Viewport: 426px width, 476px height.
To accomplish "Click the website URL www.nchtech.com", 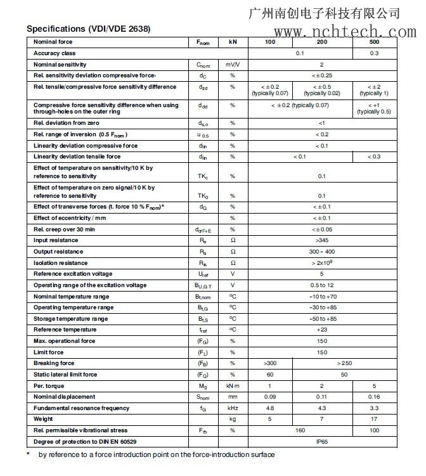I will pyautogui.click(x=337, y=31).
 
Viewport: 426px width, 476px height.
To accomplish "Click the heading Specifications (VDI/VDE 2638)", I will pyautogui.click(x=88, y=29).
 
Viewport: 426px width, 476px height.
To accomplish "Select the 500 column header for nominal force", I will pyautogui.click(x=375, y=42).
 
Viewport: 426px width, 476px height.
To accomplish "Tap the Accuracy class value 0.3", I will pyautogui.click(x=375, y=53).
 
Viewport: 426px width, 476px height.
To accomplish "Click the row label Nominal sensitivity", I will pyautogui.click(x=60, y=65).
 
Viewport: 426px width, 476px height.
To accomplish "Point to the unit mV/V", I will pyautogui.click(x=232, y=65).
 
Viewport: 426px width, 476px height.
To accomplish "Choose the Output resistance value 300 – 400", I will pyautogui.click(x=321, y=252).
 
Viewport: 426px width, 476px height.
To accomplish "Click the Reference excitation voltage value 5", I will pyautogui.click(x=321, y=274).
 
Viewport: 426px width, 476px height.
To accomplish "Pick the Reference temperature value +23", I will pyautogui.click(x=321, y=330).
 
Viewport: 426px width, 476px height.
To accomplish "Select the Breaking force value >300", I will pyautogui.click(x=269, y=363).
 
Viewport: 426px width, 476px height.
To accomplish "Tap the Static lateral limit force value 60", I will pyautogui.click(x=269, y=375).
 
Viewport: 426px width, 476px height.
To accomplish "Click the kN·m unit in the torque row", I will pyautogui.click(x=232, y=385).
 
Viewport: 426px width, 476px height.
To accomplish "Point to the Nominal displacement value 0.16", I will pyautogui.click(x=375, y=397).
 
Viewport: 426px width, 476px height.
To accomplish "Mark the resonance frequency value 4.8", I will pyautogui.click(x=269, y=408).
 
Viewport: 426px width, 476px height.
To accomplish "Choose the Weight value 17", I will pyautogui.click(x=375, y=419).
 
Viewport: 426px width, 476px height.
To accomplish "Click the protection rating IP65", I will pyautogui.click(x=321, y=441).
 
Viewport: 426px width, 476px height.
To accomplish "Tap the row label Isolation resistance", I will pyautogui.click(x=60, y=263).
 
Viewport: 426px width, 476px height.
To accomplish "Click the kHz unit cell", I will pyautogui.click(x=232, y=408).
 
